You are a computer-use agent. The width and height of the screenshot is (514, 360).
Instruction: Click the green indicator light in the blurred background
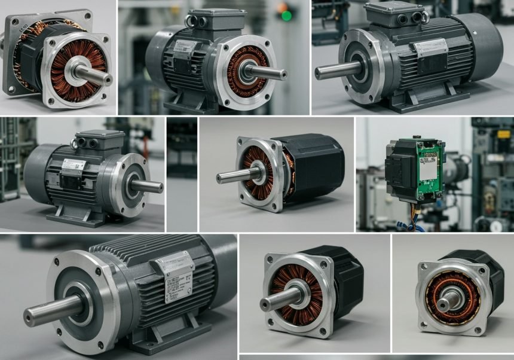click(x=286, y=15)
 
